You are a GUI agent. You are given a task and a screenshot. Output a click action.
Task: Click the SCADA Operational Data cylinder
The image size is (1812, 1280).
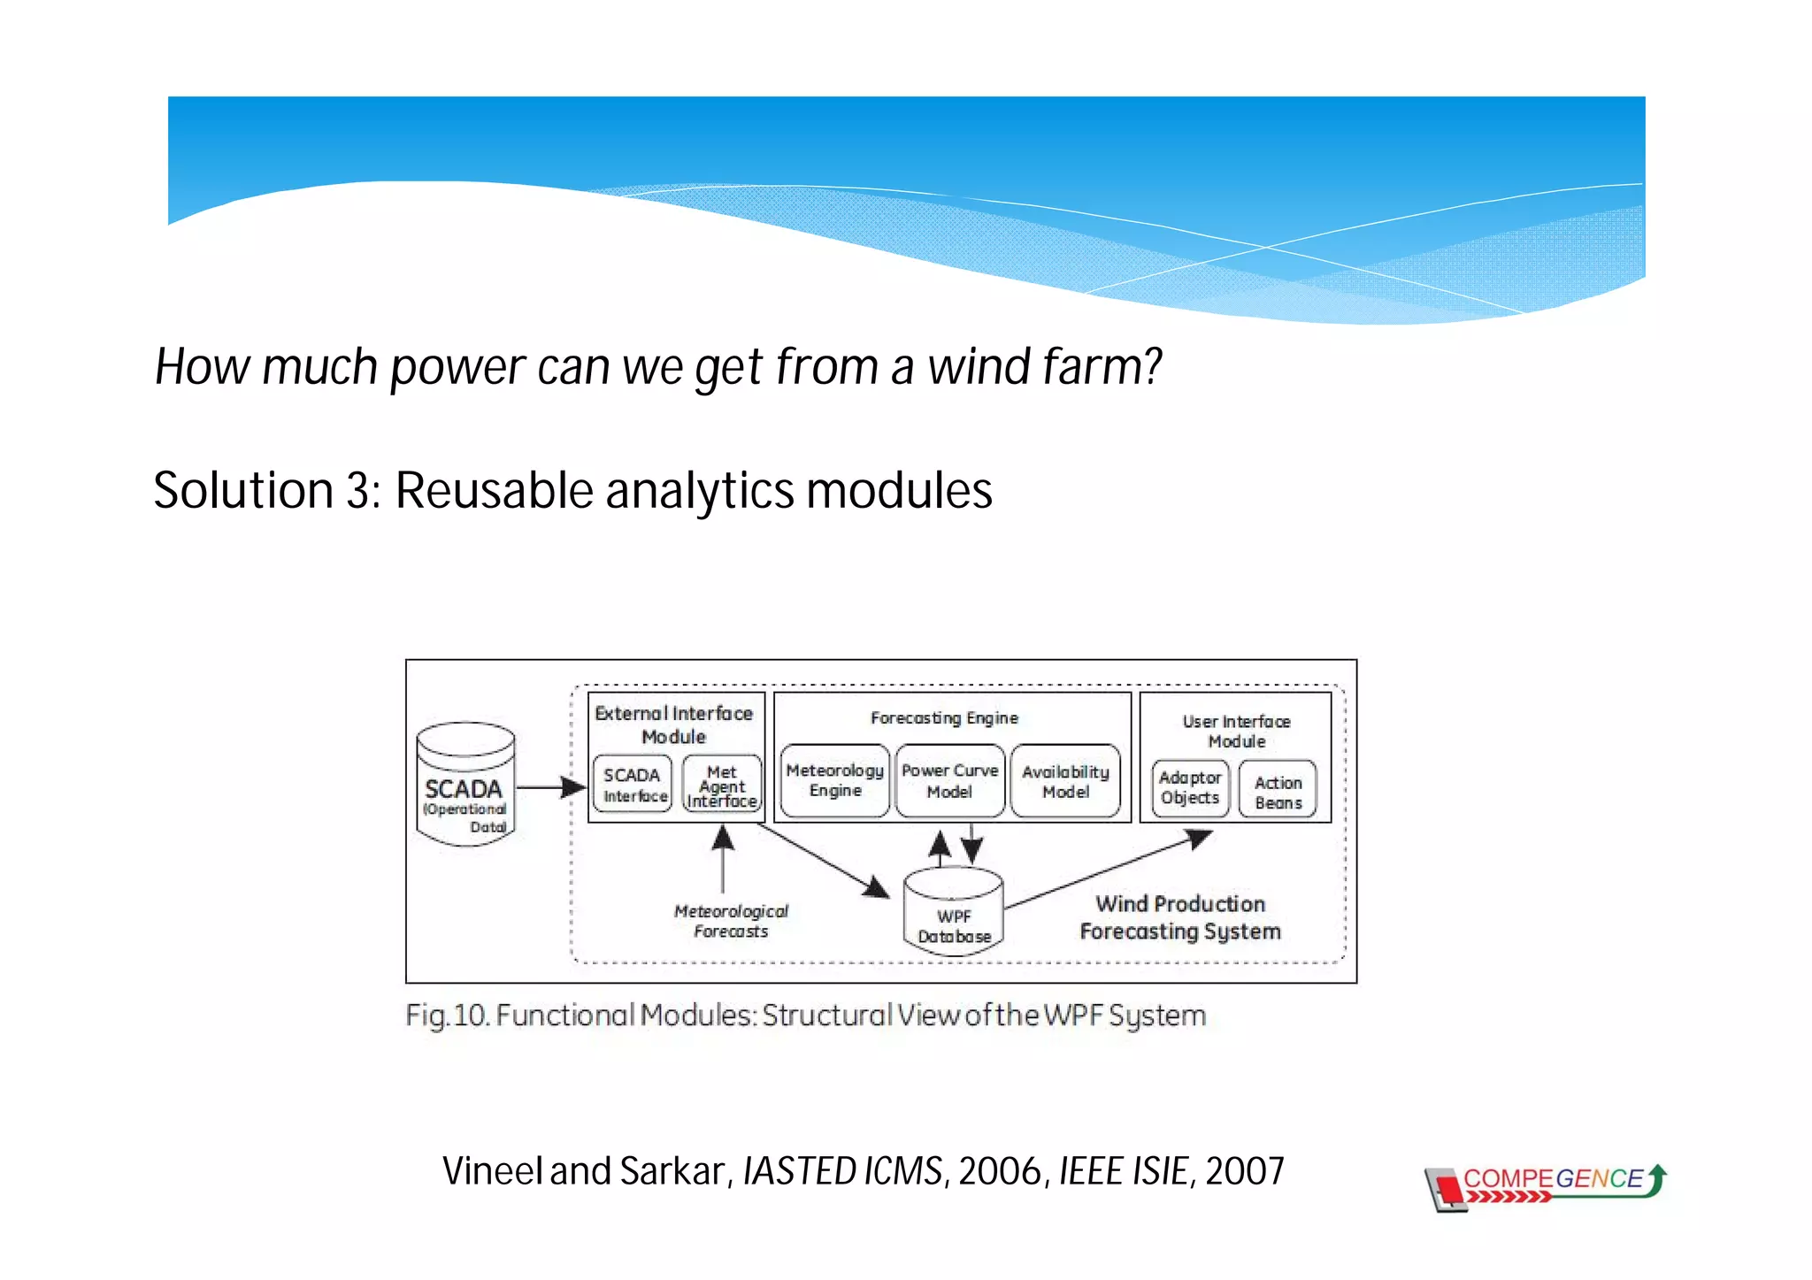coord(465,786)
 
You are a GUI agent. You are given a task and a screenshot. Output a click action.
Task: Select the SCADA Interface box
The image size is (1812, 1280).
coord(633,785)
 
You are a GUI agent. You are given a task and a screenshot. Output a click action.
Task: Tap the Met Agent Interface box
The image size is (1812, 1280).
coord(722,786)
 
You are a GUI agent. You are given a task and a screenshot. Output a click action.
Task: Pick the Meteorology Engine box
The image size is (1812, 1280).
coord(834,780)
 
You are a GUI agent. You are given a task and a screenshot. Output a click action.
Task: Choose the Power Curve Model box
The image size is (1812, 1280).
coord(949,780)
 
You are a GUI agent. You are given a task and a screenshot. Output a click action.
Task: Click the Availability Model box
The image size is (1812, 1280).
coord(1065,781)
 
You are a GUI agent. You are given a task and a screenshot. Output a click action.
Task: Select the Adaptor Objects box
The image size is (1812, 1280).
coord(1190,787)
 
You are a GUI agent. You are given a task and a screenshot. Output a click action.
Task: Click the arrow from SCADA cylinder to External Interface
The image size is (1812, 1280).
coord(549,786)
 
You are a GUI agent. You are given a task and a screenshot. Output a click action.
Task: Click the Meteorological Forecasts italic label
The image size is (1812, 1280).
coord(731,921)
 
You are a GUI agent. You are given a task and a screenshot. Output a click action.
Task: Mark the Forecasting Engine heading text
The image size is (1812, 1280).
coord(944,718)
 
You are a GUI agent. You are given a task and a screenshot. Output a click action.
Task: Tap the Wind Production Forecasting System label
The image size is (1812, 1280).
coord(1180,917)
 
